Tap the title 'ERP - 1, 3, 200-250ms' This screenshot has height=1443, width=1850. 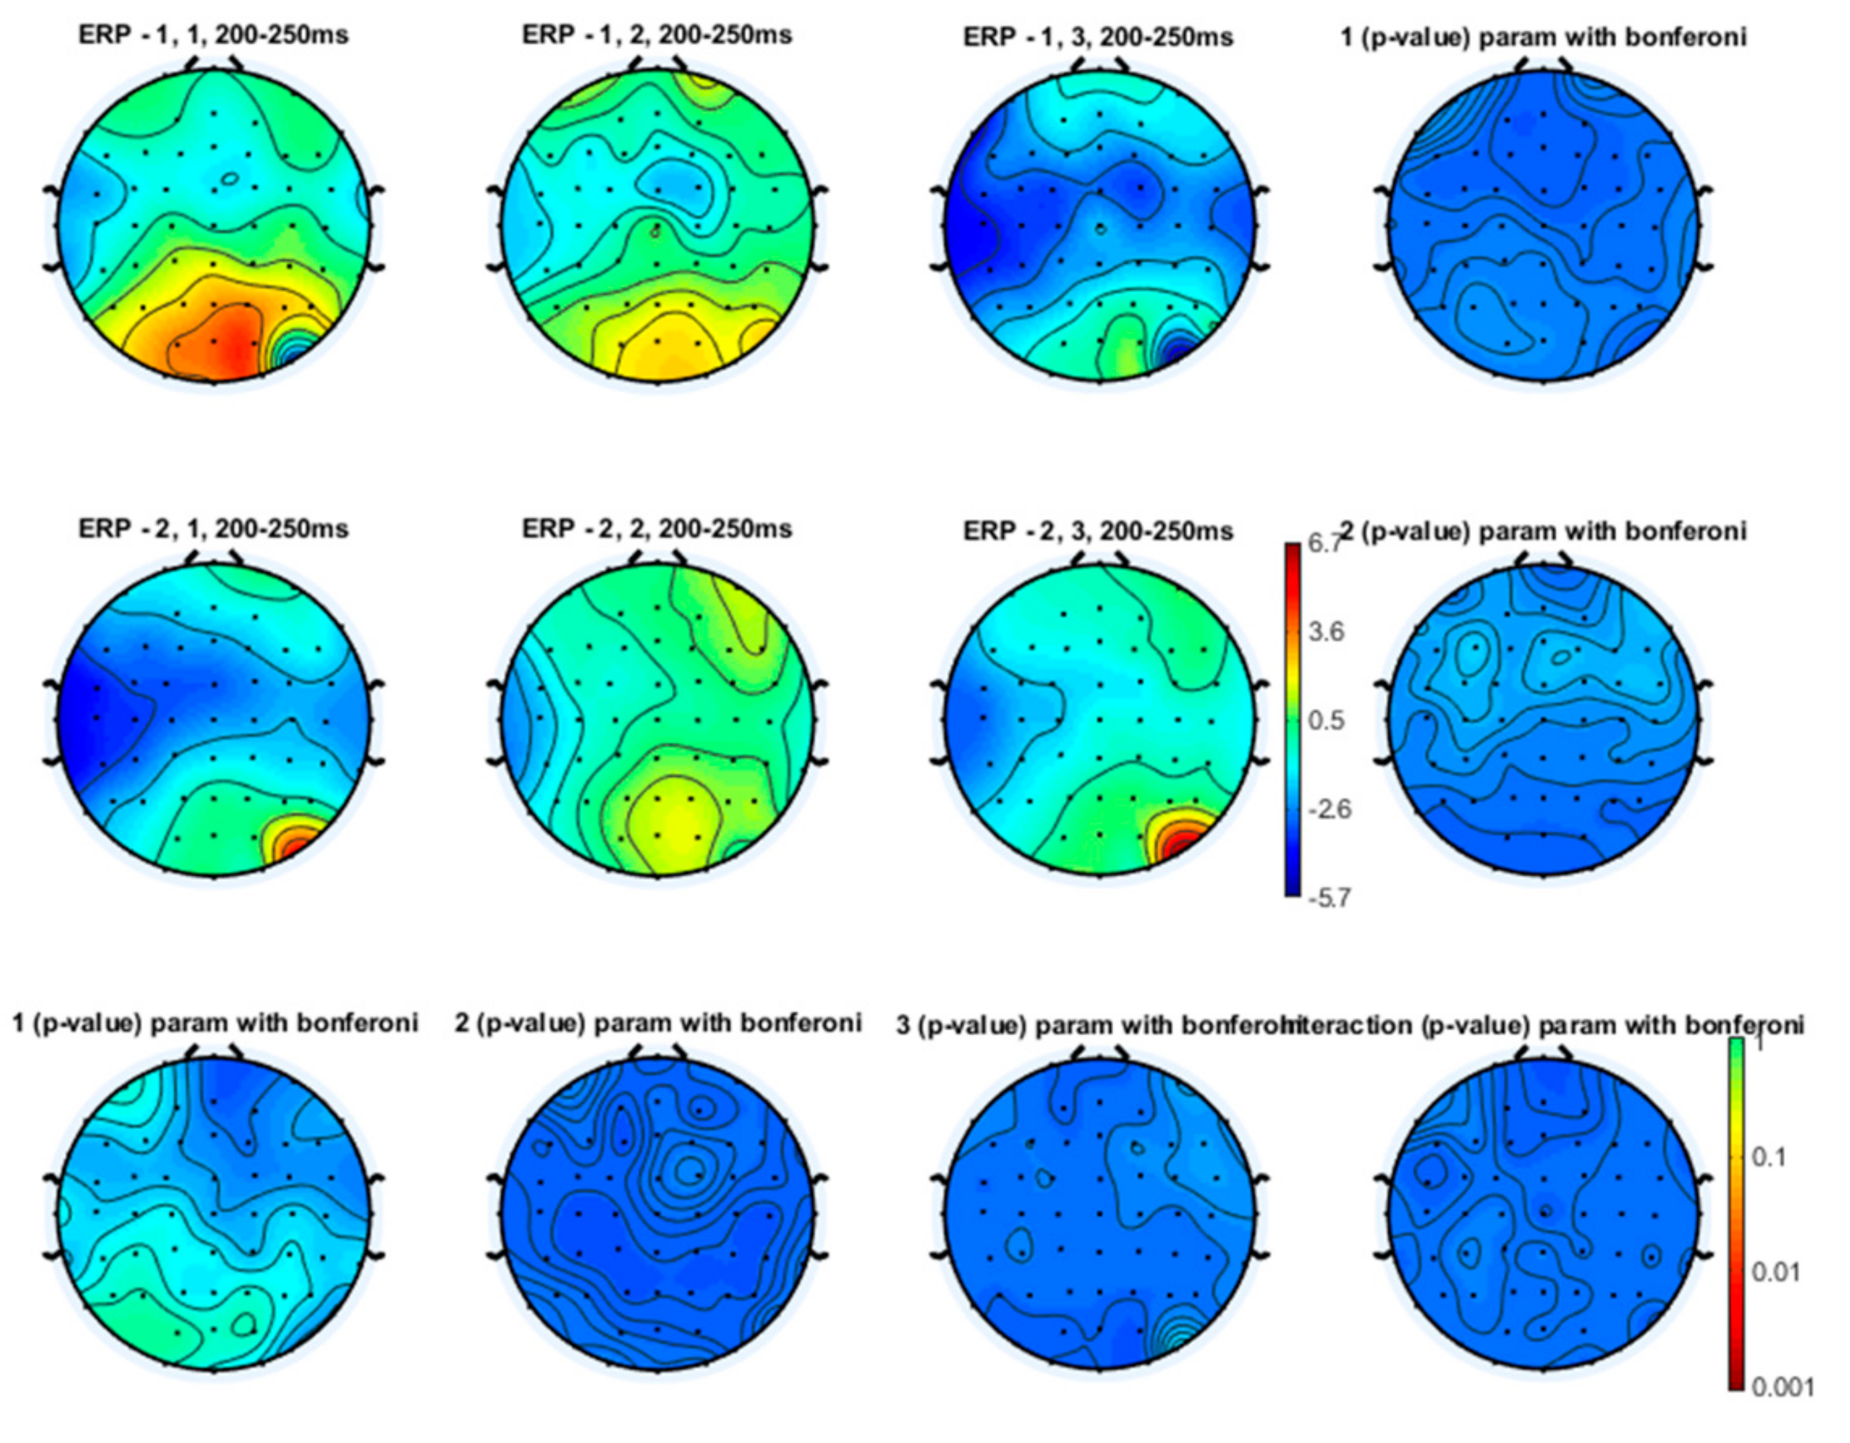(1098, 37)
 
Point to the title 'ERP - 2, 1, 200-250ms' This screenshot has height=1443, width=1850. (213, 529)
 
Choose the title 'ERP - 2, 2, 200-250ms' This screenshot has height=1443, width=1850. (657, 529)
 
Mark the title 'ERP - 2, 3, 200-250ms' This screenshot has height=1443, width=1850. (1098, 531)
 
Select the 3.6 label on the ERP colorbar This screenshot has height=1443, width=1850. (1326, 632)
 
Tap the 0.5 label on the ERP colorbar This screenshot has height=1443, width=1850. (1326, 721)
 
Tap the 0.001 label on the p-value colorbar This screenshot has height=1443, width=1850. (1781, 1386)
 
